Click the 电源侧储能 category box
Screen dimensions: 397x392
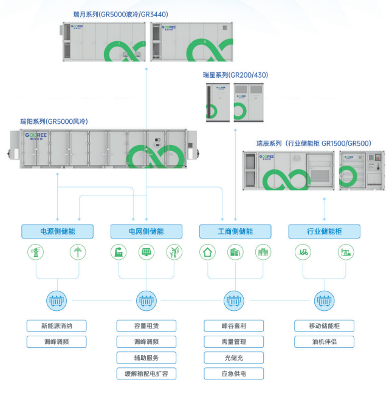[57, 231]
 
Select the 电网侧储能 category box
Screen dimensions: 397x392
[146, 231]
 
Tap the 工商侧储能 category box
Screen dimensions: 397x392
[235, 231]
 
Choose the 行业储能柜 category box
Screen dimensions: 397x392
[324, 231]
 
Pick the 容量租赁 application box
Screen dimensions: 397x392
[146, 325]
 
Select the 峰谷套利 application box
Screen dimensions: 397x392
[234, 325]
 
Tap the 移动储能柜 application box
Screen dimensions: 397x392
[323, 325]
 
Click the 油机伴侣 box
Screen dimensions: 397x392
[323, 342]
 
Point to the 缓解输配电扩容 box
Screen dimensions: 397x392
[146, 373]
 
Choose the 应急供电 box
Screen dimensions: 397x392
[234, 373]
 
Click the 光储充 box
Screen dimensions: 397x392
[234, 358]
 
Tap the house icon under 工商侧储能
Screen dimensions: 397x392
[208, 252]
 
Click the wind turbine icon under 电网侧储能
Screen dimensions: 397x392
[174, 252]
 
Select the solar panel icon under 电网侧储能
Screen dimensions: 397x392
[146, 252]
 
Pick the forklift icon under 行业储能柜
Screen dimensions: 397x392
[302, 252]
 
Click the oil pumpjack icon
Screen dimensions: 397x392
[347, 252]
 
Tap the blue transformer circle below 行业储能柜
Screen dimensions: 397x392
[324, 299]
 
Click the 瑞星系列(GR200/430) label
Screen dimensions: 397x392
[235, 75]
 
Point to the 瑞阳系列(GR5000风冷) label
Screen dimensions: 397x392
[53, 121]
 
